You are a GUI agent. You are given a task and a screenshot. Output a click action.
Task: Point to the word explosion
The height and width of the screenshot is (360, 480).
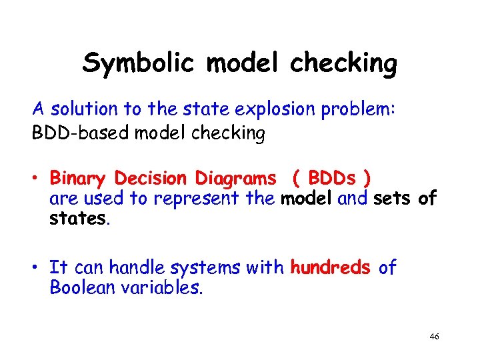click(x=273, y=109)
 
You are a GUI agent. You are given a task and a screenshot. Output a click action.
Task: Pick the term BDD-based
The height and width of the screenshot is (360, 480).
click(x=81, y=133)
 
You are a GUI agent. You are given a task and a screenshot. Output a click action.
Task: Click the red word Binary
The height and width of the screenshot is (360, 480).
click(x=78, y=179)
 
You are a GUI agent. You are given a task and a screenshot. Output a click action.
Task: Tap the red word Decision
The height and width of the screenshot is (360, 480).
click(x=152, y=179)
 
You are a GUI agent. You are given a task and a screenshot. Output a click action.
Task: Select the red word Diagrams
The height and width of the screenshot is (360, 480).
click(x=235, y=179)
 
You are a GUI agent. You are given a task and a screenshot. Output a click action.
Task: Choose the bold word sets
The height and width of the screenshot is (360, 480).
click(x=393, y=198)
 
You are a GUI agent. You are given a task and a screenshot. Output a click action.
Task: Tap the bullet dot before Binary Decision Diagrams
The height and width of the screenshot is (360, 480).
click(x=38, y=179)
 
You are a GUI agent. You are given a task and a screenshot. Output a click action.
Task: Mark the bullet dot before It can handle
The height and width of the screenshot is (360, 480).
click(x=38, y=268)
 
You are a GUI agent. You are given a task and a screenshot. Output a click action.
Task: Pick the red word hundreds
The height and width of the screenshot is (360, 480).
click(x=330, y=268)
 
